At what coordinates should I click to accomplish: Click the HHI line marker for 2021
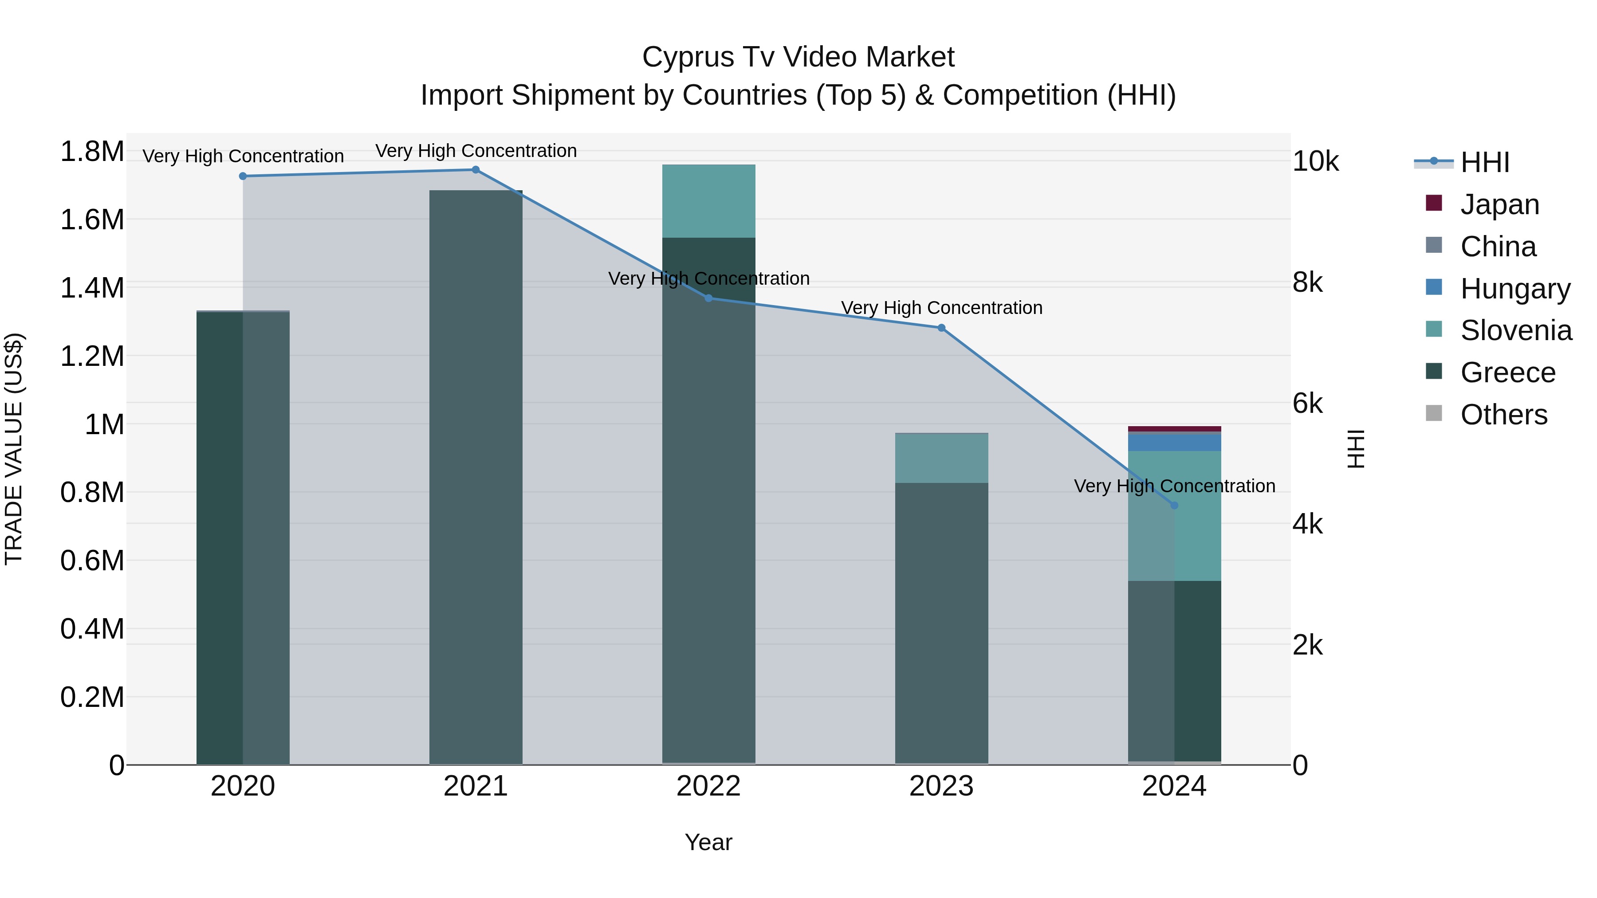click(476, 170)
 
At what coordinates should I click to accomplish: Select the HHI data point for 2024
click(1174, 506)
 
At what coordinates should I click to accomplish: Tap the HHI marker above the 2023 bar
click(941, 328)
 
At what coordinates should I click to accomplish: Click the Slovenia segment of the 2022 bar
click(708, 201)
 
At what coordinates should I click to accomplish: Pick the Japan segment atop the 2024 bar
click(1174, 429)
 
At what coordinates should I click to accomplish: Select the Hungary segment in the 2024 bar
click(1174, 443)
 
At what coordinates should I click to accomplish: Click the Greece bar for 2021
click(476, 477)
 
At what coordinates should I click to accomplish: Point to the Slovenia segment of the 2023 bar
click(941, 458)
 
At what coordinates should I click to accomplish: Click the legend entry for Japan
click(1499, 204)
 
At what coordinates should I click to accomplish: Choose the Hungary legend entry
click(1514, 289)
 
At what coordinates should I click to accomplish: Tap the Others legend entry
click(1503, 415)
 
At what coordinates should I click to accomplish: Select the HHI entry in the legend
click(1484, 162)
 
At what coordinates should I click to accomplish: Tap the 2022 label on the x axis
click(708, 786)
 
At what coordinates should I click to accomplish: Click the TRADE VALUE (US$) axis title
click(14, 449)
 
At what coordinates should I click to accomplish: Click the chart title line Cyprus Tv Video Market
click(798, 57)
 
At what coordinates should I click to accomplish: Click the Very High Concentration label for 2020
click(243, 156)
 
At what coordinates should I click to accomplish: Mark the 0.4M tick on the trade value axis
click(92, 629)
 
